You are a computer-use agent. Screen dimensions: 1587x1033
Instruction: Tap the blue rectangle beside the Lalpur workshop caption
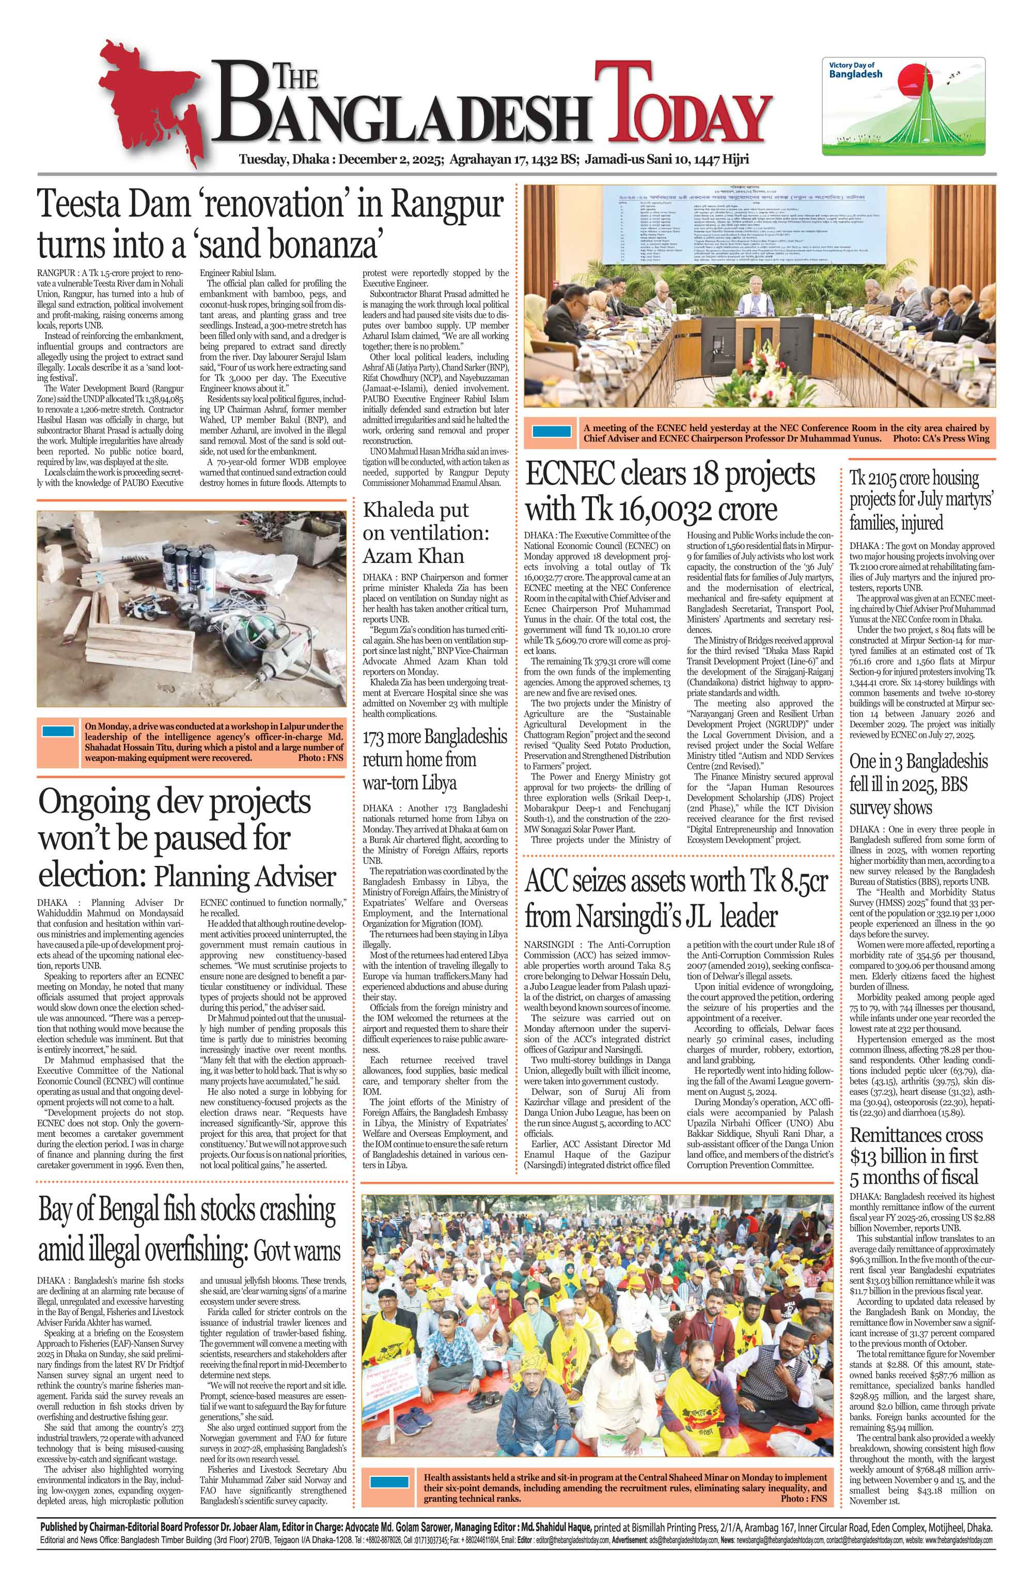coord(58,731)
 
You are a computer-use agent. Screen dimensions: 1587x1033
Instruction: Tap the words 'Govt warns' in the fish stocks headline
coord(296,1252)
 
